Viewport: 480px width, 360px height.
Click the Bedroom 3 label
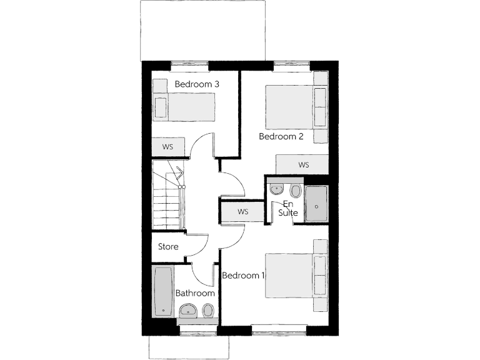tap(196, 84)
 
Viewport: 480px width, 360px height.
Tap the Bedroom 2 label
tap(281, 136)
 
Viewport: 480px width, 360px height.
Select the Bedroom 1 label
tap(244, 276)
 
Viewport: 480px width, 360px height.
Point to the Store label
tap(168, 247)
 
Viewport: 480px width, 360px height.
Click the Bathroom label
tap(195, 293)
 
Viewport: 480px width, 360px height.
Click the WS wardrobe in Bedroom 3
tap(167, 147)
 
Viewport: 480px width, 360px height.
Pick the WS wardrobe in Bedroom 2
tap(303, 165)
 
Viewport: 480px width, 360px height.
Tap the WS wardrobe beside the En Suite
tap(242, 212)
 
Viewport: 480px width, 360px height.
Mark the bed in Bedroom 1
tap(291, 275)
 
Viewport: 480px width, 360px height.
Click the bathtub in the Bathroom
tap(163, 291)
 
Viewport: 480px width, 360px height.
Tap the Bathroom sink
tap(187, 309)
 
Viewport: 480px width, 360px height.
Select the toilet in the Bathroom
tap(207, 309)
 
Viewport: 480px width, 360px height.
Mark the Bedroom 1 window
tap(279, 327)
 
